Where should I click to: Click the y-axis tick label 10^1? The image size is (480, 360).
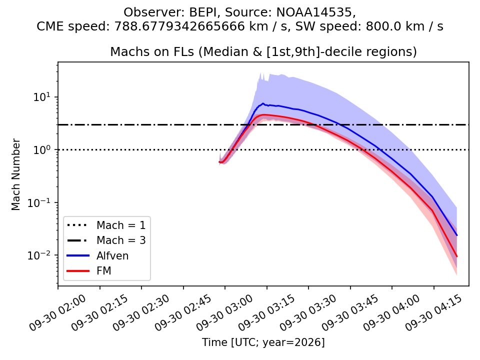click(x=42, y=97)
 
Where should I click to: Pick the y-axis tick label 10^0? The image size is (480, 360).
click(x=42, y=150)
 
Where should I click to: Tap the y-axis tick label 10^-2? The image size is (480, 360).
click(x=39, y=255)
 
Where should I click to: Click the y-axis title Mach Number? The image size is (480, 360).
click(x=15, y=174)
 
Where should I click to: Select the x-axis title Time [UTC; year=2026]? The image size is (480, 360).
click(x=263, y=342)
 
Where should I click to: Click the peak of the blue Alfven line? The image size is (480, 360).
click(x=262, y=103)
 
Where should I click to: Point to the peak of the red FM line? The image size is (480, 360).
click(x=264, y=115)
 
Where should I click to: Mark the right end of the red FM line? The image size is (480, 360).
click(x=456, y=256)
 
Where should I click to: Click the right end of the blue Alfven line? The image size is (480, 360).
click(x=456, y=235)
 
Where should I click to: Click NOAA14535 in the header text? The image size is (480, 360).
click(x=315, y=12)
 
